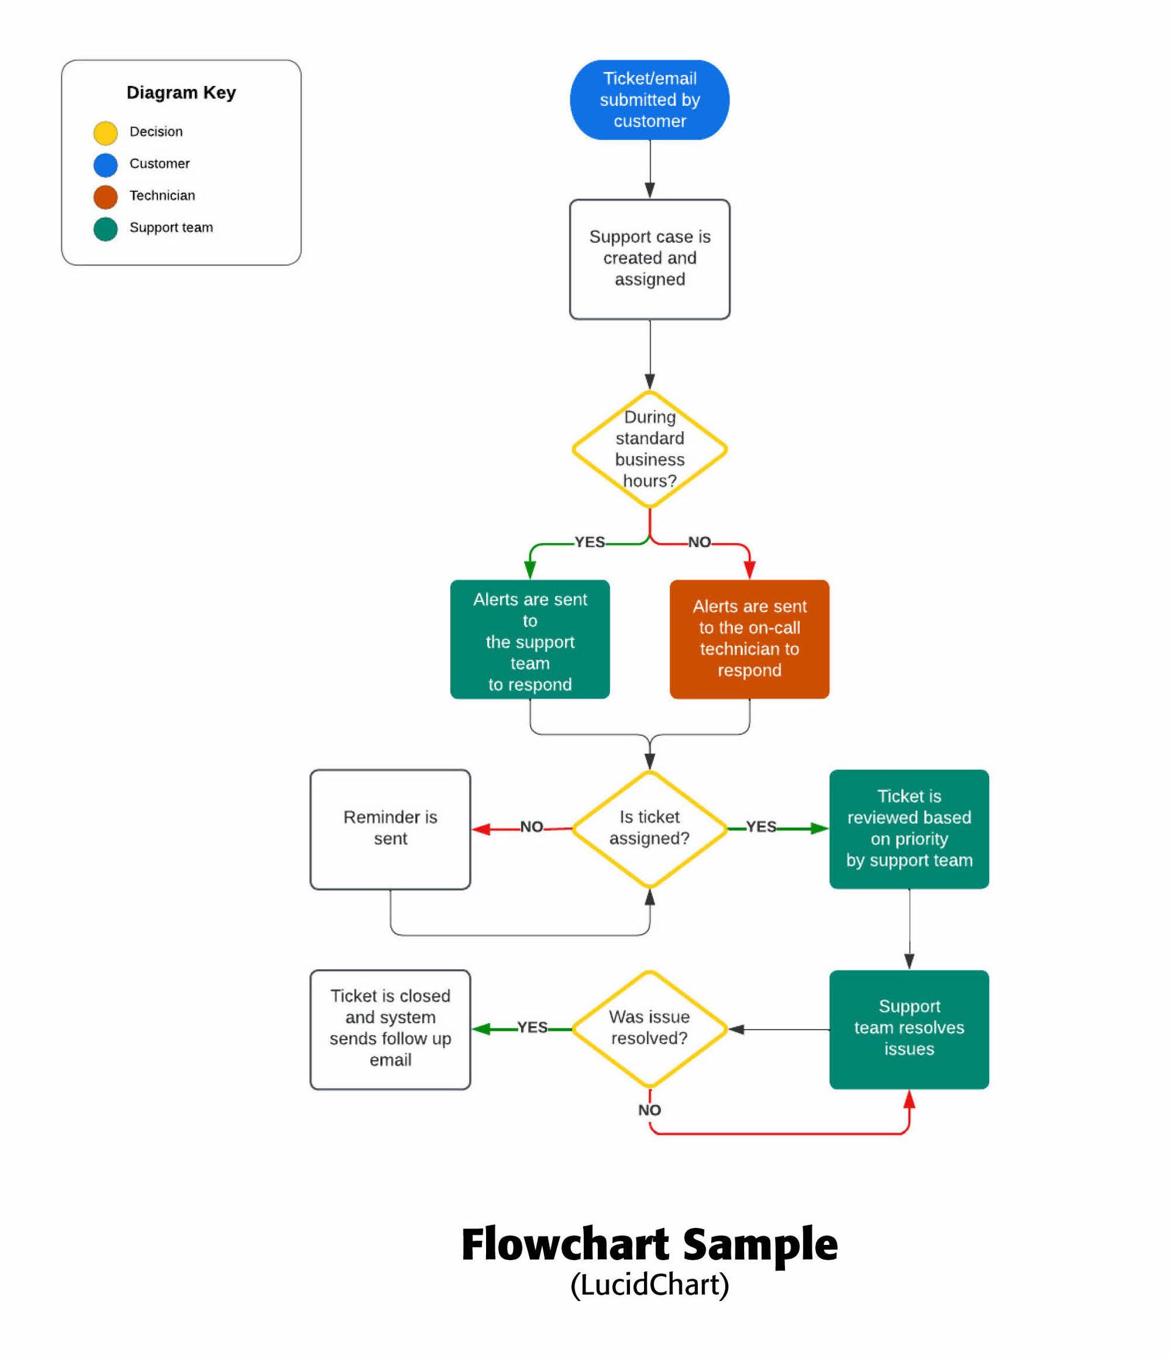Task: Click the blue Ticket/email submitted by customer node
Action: point(649,99)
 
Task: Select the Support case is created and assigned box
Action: point(649,259)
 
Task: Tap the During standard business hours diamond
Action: point(649,450)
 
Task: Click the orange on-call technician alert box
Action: point(749,639)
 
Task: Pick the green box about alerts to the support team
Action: point(530,639)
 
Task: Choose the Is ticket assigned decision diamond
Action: point(649,828)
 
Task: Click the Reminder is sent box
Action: point(390,829)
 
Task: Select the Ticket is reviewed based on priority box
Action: point(909,829)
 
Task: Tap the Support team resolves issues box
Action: point(909,1029)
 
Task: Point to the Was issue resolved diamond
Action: point(649,1028)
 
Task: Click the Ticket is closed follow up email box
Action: point(390,1029)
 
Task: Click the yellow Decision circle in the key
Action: point(106,132)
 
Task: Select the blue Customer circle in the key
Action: point(106,165)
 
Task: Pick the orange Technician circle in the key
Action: point(106,196)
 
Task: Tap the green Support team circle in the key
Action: point(106,228)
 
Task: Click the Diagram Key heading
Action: point(181,93)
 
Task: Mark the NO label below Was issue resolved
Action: point(649,1109)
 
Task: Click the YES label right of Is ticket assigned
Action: point(761,827)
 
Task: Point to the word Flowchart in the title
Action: point(565,1244)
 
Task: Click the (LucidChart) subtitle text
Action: point(649,1284)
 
